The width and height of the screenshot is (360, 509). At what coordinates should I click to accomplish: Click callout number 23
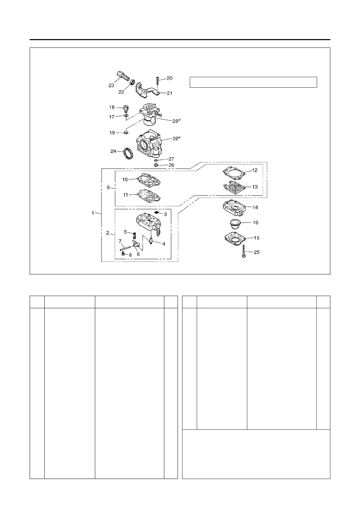point(111,85)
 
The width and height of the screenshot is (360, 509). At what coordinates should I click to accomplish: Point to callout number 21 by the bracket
point(169,93)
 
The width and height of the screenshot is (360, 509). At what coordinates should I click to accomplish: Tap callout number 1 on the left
point(93,213)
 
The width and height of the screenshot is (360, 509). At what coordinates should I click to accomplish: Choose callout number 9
point(108,187)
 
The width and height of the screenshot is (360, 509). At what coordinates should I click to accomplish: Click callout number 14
point(255,207)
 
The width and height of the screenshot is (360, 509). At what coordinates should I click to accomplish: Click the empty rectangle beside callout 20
point(253,82)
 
